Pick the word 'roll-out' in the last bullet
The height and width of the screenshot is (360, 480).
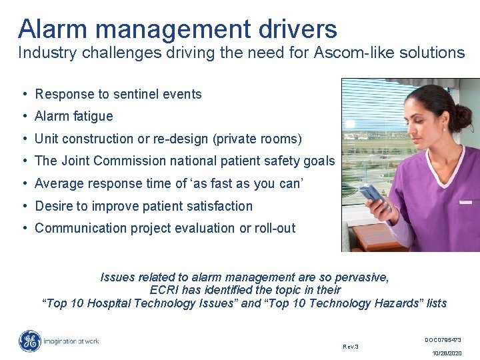(275, 228)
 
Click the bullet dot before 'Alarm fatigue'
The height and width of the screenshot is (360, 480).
(23, 116)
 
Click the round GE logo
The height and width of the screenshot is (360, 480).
(29, 341)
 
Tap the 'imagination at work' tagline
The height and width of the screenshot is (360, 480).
(71, 341)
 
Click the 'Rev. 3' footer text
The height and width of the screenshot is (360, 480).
(351, 347)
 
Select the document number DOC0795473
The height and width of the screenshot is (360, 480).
(443, 340)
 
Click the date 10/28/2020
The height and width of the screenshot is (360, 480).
(446, 353)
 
